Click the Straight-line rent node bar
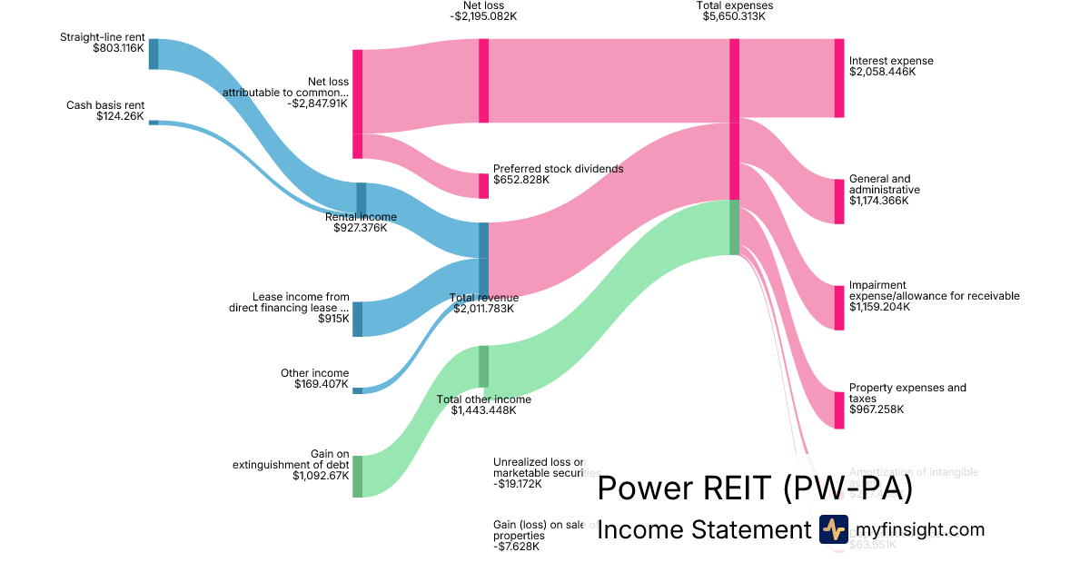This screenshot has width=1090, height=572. (154, 54)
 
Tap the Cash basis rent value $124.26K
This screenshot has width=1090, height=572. (120, 116)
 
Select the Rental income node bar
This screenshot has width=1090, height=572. (362, 198)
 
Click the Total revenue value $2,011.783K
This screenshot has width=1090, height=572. (484, 309)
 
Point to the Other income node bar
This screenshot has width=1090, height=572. (357, 390)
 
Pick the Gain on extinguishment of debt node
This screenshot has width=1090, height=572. (357, 476)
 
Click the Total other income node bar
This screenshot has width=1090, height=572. (484, 366)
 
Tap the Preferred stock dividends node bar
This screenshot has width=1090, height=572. (484, 185)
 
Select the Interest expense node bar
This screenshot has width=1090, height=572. (838, 78)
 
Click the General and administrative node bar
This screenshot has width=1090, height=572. (838, 201)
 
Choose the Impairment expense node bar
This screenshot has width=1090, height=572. (838, 307)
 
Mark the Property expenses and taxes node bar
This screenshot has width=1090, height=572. (838, 409)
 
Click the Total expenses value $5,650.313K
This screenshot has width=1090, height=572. (734, 16)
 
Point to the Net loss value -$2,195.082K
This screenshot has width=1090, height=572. (483, 16)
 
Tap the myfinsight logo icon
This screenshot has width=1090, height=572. (833, 529)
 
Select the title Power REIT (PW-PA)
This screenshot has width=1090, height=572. (754, 488)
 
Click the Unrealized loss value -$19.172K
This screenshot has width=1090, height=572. (518, 484)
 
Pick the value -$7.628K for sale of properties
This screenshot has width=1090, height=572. (516, 547)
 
